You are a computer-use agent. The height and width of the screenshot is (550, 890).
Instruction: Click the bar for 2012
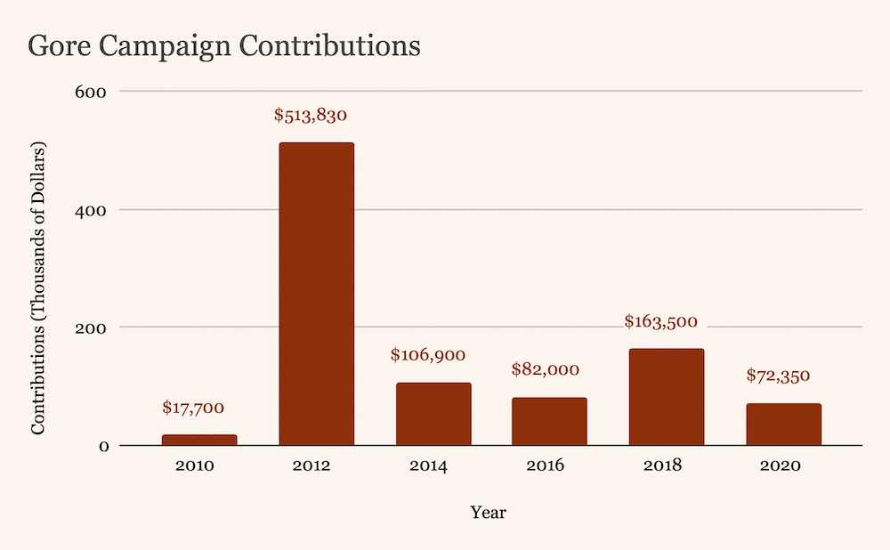[316, 294]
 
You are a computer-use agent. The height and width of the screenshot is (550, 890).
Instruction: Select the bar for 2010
[199, 440]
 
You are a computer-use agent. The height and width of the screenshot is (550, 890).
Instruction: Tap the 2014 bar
[433, 414]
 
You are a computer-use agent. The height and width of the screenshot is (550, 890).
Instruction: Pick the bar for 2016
[549, 421]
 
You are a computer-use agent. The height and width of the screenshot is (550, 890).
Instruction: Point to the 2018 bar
[666, 397]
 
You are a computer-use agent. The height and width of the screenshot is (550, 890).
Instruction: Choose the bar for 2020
[783, 424]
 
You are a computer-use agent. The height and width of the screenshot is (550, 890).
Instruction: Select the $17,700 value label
[193, 408]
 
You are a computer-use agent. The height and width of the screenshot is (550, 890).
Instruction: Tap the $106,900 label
[428, 355]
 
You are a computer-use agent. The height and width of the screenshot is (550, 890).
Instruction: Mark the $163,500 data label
[660, 321]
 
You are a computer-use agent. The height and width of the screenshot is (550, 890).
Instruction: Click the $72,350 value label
[778, 376]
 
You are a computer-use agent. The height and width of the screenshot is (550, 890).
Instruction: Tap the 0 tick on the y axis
[102, 446]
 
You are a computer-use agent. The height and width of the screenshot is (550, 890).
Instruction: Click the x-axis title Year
[489, 513]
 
